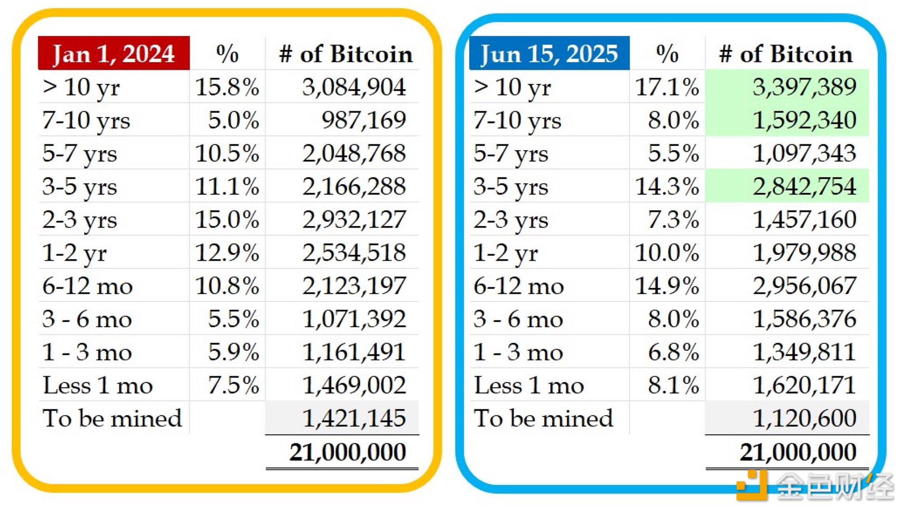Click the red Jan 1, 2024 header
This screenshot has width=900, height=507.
[113, 53]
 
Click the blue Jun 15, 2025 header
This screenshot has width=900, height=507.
[549, 53]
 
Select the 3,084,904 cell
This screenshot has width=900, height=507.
[354, 87]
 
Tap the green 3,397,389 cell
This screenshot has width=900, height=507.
[804, 87]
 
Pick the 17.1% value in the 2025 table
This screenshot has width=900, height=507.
[667, 87]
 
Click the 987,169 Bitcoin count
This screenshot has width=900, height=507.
[363, 120]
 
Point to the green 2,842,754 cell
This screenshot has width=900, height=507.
[804, 186]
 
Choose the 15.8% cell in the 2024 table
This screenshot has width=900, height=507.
[227, 87]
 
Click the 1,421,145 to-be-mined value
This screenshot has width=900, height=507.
[354, 418]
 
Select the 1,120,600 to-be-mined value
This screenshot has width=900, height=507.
[804, 418]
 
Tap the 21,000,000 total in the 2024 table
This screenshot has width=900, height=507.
[348, 452]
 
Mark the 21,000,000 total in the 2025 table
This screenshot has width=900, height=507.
[798, 452]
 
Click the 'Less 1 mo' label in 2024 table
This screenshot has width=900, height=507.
[98, 385]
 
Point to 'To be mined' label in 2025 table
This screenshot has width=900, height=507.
[543, 418]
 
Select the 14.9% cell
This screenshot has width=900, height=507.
[667, 286]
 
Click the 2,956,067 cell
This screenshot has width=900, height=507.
[804, 286]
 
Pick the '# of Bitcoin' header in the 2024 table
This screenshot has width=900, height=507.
[346, 54]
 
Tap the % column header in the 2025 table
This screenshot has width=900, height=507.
[667, 54]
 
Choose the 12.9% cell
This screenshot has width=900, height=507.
[227, 253]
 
